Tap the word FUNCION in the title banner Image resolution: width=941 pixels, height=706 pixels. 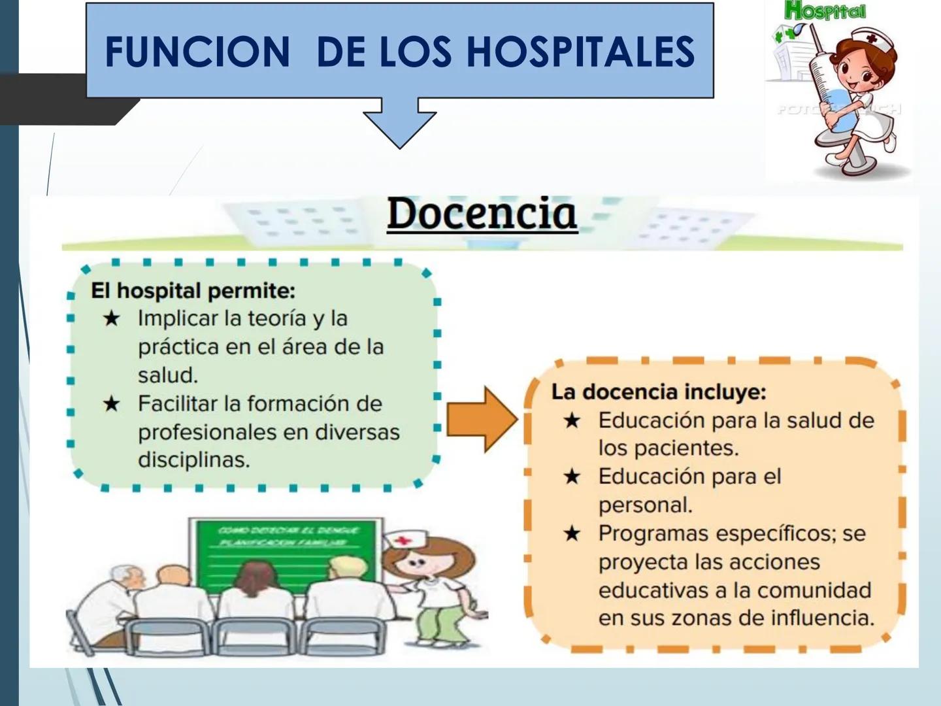pos(197,52)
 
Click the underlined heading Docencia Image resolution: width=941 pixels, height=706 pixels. pos(482,214)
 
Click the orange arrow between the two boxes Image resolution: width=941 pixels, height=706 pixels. pos(482,419)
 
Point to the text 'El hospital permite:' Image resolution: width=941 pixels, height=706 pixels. pos(193,290)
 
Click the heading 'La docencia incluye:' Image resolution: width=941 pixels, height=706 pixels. pos(659,392)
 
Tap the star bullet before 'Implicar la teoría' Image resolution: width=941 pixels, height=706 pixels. pos(112,318)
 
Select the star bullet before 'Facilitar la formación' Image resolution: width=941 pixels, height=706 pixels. pos(112,403)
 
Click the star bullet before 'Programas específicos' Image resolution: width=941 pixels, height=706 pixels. pos(572,533)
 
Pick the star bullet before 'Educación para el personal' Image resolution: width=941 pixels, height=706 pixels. pos(572,477)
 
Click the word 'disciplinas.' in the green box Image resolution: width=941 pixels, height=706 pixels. pos(193,460)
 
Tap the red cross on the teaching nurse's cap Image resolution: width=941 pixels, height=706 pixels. pos(403,541)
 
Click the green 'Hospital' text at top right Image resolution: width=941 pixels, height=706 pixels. pos(825,11)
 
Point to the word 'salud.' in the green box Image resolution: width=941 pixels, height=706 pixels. pos(167,375)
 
